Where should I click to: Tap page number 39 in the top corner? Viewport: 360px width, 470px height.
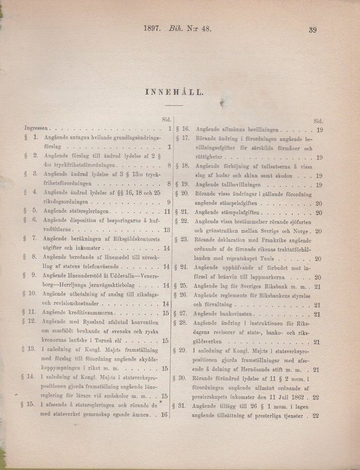tap(313, 30)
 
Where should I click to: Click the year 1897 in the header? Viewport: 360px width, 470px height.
tap(152, 29)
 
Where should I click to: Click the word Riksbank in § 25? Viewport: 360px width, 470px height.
tap(276, 286)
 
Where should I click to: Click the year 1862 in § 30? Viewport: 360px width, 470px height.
tap(299, 396)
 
